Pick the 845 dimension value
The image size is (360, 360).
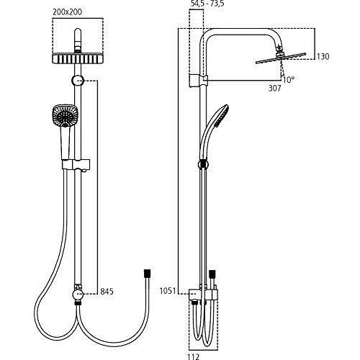[107, 292]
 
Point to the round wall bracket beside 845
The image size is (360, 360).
[78, 292]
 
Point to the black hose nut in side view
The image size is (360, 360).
[212, 274]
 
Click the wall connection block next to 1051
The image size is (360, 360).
[195, 293]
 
